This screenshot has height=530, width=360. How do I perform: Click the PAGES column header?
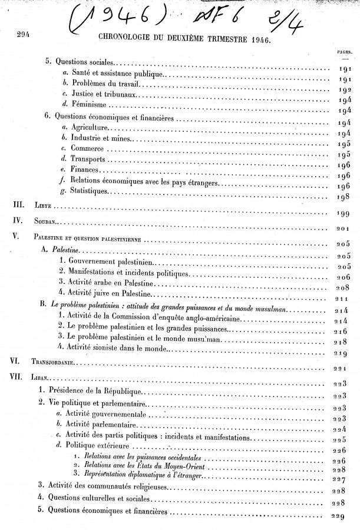tap(345, 52)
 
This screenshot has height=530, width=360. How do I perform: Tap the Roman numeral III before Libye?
tap(19, 206)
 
